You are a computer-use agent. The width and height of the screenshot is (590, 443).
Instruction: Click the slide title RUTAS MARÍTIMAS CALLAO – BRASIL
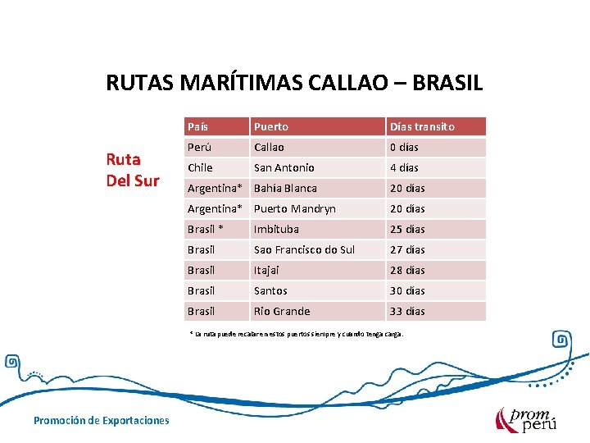294,83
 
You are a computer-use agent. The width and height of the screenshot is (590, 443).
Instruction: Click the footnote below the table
296,335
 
